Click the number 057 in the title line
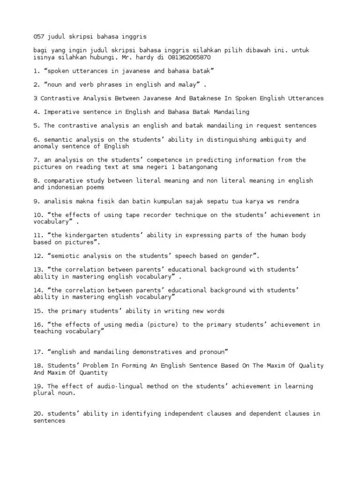pos(38,36)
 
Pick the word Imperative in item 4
pos(60,112)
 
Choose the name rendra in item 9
pos(288,201)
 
